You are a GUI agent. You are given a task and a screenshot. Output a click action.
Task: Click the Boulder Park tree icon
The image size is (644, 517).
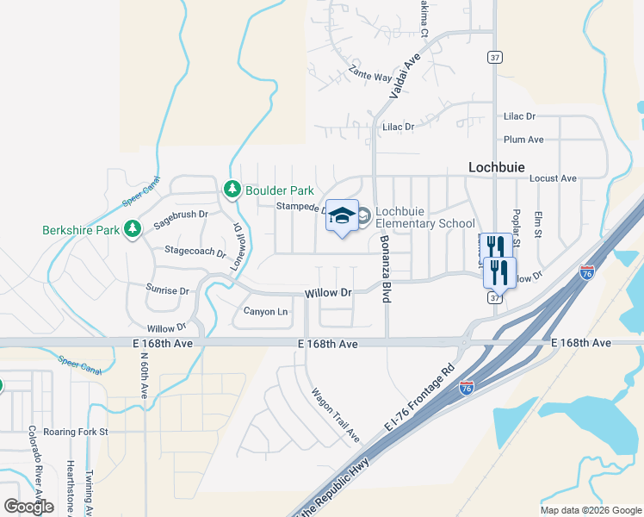[x=232, y=189]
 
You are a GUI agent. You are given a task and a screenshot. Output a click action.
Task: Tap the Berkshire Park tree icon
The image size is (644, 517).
[x=132, y=229]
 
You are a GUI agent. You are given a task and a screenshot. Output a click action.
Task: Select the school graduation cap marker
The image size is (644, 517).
[x=342, y=215]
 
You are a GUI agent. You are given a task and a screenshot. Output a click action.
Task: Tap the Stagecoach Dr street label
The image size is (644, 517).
[x=195, y=252]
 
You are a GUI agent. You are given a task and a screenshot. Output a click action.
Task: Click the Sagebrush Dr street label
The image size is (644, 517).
[x=181, y=219]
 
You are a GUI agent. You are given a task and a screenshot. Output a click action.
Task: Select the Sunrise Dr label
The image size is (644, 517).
[x=167, y=290]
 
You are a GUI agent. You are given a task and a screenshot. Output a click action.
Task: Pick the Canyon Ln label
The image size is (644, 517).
[x=265, y=311]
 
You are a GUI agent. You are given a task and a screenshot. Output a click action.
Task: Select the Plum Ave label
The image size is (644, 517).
[x=523, y=139]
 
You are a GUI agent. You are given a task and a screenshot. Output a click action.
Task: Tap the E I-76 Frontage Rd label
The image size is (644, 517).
[x=419, y=400]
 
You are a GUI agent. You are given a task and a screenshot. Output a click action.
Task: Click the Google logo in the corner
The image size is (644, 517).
[x=28, y=506]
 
